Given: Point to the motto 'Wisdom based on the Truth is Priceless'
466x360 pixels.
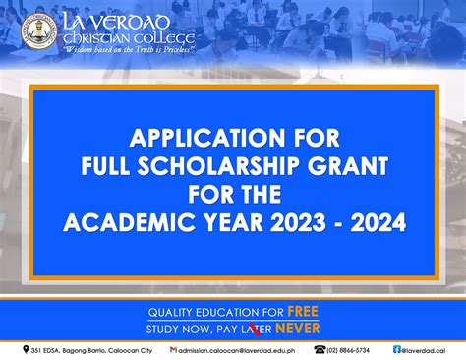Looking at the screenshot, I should tap(128, 50).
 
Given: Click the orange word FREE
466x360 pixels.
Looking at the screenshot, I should tap(297, 312).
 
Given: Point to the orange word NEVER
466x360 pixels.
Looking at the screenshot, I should tap(298, 328).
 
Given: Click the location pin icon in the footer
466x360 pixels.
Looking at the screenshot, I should tap(27, 349).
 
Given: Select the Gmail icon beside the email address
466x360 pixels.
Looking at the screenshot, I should tap(174, 349).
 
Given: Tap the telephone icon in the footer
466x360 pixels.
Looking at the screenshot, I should tap(320, 349).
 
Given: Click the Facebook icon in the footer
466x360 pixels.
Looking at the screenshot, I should tap(397, 349).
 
